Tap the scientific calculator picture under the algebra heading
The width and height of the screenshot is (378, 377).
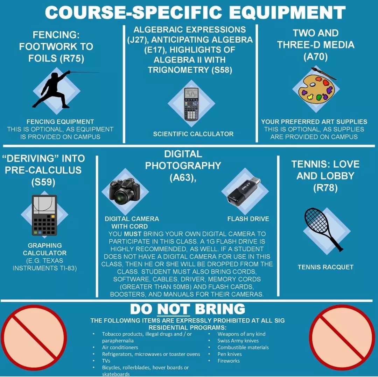tap(191, 104)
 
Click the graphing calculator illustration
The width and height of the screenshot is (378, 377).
tap(44, 215)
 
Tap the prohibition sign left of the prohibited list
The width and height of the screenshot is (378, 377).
tap(34, 338)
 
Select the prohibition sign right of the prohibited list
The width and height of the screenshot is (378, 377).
tap(342, 338)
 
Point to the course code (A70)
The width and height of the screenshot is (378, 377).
tap(316, 57)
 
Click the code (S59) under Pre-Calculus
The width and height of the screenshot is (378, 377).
tap(43, 182)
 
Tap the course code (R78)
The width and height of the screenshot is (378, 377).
tap(325, 188)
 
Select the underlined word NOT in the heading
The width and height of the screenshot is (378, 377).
tap(174, 310)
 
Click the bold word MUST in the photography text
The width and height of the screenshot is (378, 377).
tap(133, 234)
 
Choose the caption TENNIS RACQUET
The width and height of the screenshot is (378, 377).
tap(325, 267)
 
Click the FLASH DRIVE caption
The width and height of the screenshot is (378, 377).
tap(248, 219)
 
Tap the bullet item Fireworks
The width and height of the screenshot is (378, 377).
tap(229, 361)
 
